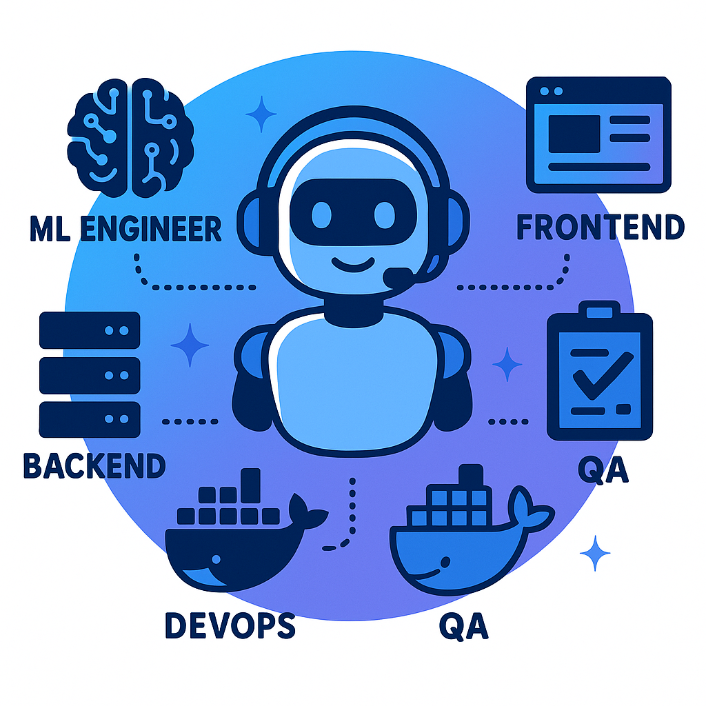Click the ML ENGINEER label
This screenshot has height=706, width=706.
[x=125, y=228]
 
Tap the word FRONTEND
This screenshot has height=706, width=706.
[x=601, y=226]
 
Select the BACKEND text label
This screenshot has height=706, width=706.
[x=94, y=465]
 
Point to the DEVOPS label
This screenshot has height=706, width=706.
[x=230, y=625]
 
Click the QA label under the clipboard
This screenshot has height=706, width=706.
[x=603, y=470]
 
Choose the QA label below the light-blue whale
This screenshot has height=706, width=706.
[x=464, y=626]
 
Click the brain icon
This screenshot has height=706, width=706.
[x=130, y=138]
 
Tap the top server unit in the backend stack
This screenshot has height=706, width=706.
[x=90, y=330]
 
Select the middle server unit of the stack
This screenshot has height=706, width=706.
[x=90, y=375]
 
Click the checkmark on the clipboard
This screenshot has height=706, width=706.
[x=603, y=376]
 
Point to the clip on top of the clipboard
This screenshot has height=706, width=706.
[x=599, y=310]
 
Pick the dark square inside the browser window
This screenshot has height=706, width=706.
[x=574, y=134]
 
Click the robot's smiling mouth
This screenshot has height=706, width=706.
[x=353, y=265]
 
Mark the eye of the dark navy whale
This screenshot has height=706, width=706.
[x=216, y=559]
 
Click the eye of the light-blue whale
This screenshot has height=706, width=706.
[x=445, y=563]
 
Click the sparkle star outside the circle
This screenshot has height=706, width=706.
[x=595, y=553]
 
